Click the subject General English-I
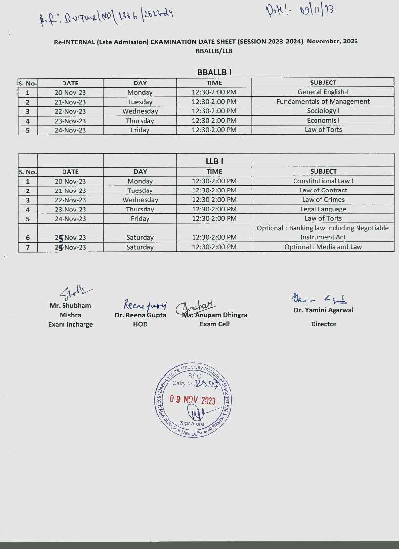coord(323,92)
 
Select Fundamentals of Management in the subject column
coord(323,102)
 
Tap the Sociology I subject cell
coord(323,111)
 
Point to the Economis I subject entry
coord(323,120)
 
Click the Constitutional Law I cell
coord(323,181)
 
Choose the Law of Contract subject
coord(323,190)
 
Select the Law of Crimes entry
coord(323,200)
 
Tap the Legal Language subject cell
coord(323,209)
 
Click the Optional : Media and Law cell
coord(323,247)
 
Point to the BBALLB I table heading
coord(214,72)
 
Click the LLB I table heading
coord(214,161)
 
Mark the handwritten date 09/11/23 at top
coord(300,10)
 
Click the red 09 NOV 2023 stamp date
coord(192,400)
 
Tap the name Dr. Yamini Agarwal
coord(323,310)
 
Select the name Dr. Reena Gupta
coord(140,315)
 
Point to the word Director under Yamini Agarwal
coord(323,324)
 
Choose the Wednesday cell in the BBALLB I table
coord(140,111)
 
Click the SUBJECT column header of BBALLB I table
coord(323,83)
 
